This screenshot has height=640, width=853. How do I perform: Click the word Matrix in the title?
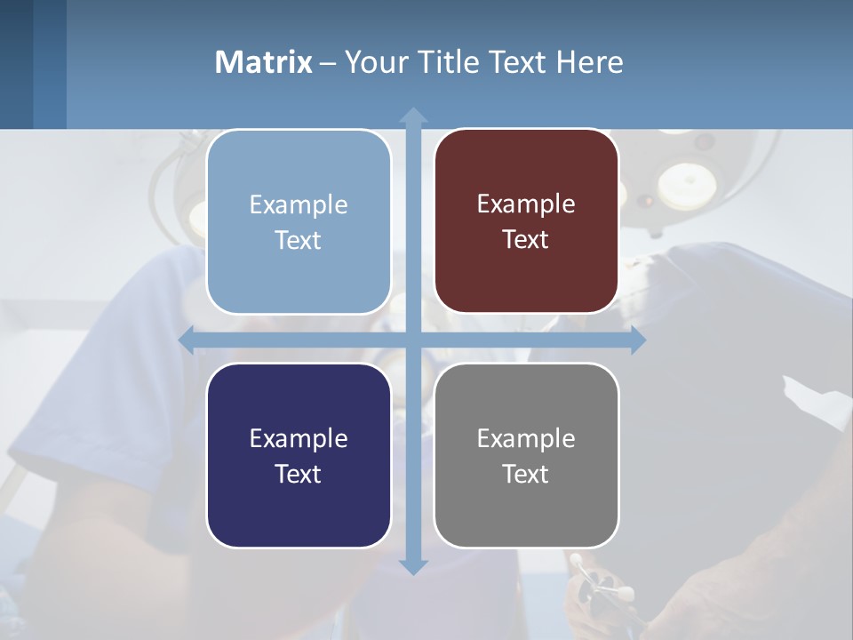[x=264, y=62]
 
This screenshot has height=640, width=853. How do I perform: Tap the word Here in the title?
[x=589, y=62]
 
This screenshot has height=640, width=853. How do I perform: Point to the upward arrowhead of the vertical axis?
[x=413, y=116]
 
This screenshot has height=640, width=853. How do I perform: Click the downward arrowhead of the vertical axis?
[x=413, y=566]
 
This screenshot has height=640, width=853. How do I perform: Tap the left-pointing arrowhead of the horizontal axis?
[x=187, y=340]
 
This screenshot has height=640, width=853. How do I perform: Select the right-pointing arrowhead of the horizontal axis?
[x=637, y=340]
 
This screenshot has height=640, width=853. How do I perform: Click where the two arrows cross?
[x=413, y=340]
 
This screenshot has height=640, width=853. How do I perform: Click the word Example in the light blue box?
[x=299, y=205]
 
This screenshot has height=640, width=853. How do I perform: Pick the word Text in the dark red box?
[x=526, y=240]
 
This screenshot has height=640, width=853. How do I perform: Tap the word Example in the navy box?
[x=299, y=439]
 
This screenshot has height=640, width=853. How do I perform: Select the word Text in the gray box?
[x=526, y=474]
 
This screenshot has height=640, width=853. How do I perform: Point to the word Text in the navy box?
[x=299, y=474]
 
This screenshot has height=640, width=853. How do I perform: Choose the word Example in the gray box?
[x=526, y=439]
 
